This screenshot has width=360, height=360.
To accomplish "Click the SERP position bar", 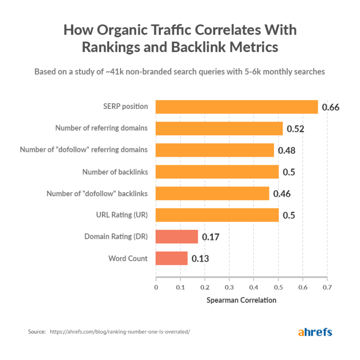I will coord(236,107).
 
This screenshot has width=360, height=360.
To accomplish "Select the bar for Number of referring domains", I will coord(219,129).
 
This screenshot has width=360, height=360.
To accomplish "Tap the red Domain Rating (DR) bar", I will coord(177,237).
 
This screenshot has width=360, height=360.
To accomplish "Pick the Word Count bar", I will coord(172,258).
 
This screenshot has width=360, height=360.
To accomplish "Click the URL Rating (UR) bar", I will coord(217,215).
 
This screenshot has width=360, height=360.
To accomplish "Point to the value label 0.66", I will coord(330,107).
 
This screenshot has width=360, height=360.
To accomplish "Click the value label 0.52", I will coord(295,129).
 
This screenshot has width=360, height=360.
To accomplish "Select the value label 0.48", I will coord(286,151).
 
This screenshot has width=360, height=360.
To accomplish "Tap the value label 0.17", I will coord(211,237).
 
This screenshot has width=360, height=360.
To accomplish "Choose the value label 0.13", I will coord(200,259).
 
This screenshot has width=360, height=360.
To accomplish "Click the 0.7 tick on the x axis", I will coord(327,287).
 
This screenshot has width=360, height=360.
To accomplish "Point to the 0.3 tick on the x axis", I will coord(229,287).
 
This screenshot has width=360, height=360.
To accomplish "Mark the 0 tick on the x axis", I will coord(156,287).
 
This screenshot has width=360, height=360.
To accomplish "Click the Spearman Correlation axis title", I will coord(241,300).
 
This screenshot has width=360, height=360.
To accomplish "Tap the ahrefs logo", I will coord(315,332).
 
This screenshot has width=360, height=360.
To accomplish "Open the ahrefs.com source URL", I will coord(120,332).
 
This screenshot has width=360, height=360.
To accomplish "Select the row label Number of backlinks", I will coord(115,172).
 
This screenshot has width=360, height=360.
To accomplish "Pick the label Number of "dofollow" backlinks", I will coord(97,193).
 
